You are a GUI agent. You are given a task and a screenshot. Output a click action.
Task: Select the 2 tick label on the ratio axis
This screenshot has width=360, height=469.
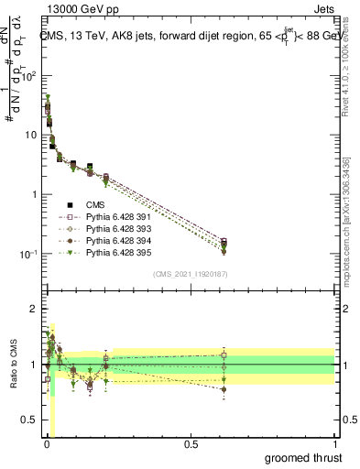tap(35, 310)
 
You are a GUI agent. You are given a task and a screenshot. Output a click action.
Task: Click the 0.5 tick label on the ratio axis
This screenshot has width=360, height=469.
tap(31, 420)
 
